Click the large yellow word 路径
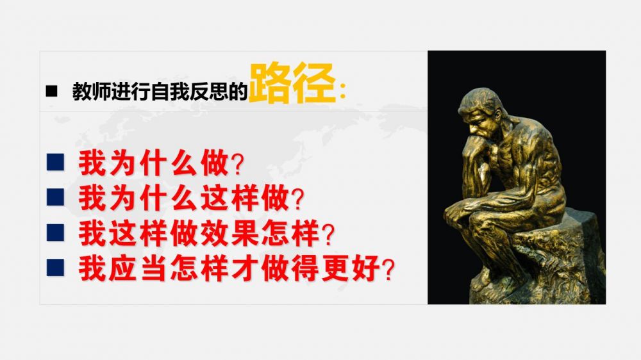pyautogui.click(x=293, y=83)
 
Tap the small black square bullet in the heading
pyautogui.click(x=51, y=91)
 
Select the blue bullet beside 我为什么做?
pyautogui.click(x=55, y=162)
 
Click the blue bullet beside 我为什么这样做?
pyautogui.click(x=55, y=197)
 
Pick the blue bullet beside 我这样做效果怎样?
pyautogui.click(x=55, y=232)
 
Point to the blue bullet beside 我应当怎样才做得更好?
pyautogui.click(x=55, y=268)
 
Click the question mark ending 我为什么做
pyautogui.click(x=237, y=164)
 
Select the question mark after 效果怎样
pyautogui.click(x=328, y=234)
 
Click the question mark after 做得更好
pyautogui.click(x=388, y=270)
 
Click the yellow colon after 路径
pyautogui.click(x=342, y=91)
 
